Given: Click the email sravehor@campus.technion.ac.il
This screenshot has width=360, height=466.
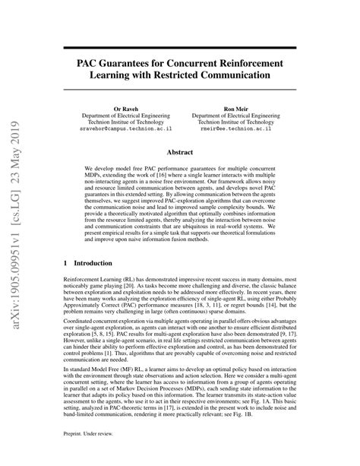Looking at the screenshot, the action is click(x=127, y=130).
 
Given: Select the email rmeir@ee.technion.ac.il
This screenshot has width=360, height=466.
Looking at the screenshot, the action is click(x=247, y=130).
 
